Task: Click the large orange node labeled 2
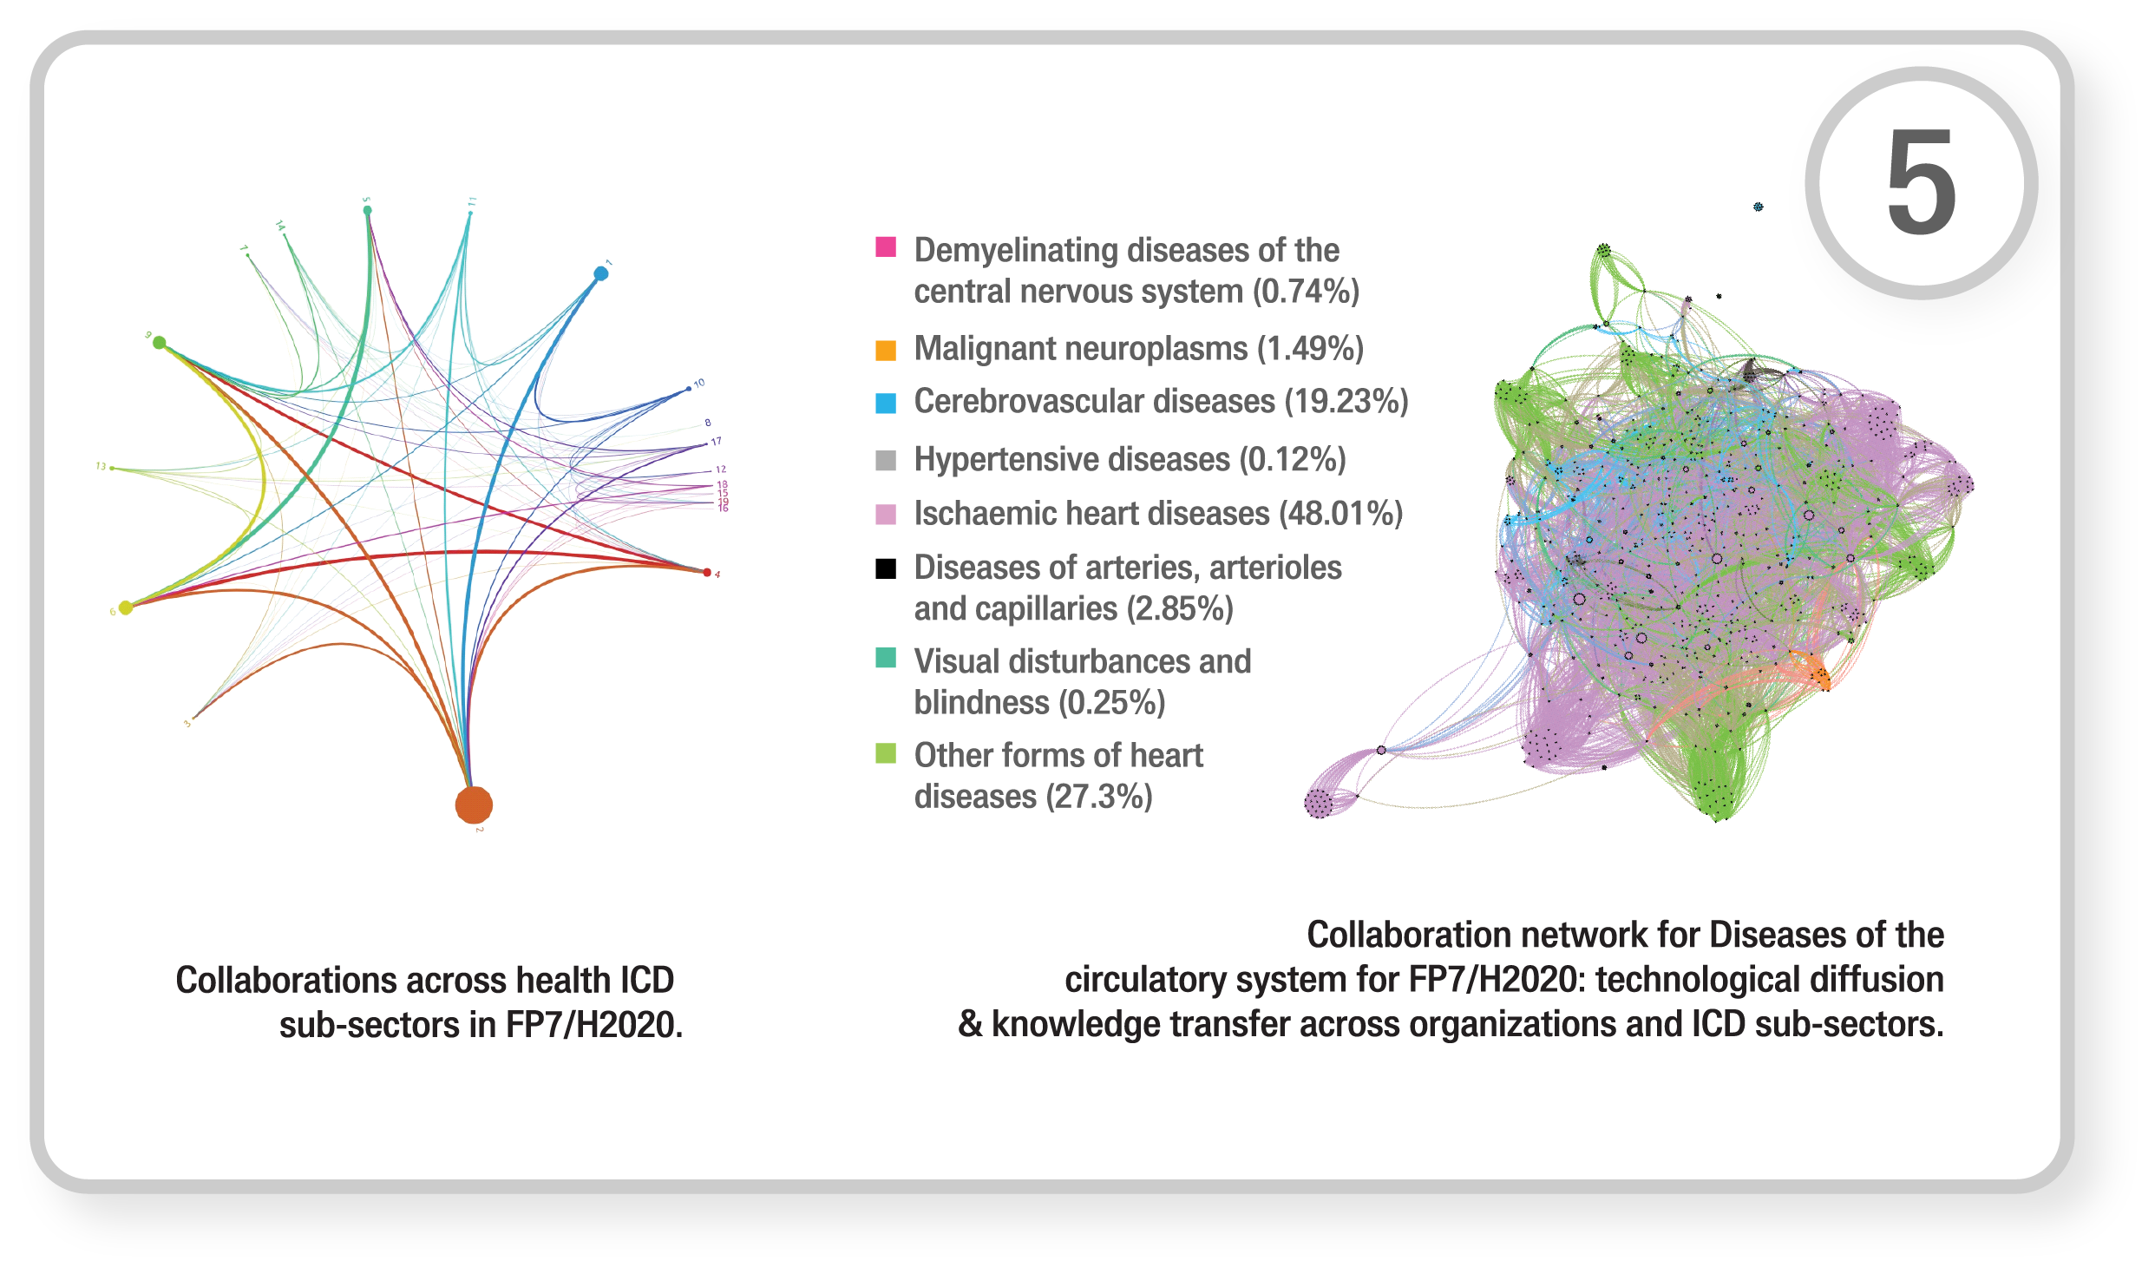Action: (474, 804)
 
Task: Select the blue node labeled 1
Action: (600, 273)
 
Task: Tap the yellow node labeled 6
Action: (126, 607)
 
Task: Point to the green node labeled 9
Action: (160, 343)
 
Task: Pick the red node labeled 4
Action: (707, 572)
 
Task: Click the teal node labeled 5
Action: (367, 210)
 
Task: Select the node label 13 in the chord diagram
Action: (101, 467)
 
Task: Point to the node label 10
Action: (699, 383)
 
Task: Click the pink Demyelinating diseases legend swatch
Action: (885, 246)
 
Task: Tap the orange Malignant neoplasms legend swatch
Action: (885, 350)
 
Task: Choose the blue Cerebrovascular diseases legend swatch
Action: (885, 403)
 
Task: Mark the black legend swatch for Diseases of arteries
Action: (885, 568)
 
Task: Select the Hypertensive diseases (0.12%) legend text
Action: (1130, 460)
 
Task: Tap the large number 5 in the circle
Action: (1921, 182)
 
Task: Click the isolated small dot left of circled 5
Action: (1758, 207)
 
